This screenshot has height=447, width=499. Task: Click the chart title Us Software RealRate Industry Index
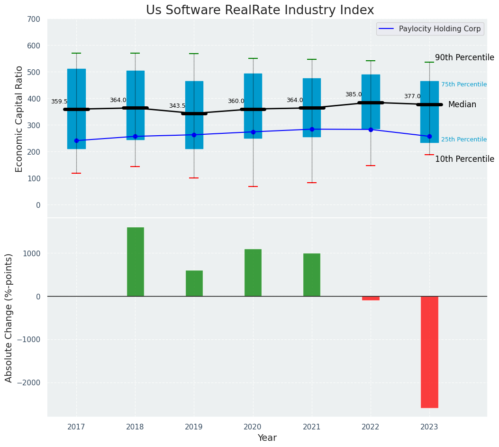(x=260, y=10)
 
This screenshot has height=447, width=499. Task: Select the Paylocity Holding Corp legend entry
(x=439, y=29)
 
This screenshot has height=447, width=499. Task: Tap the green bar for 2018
(x=135, y=261)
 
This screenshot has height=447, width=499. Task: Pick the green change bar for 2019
(x=194, y=283)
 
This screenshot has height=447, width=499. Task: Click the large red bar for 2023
(x=429, y=352)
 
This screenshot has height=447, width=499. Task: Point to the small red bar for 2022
(x=371, y=298)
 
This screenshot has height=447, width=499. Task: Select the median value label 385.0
(x=354, y=94)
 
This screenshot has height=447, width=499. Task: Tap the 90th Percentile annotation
(x=464, y=57)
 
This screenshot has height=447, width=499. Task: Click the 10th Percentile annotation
(x=464, y=159)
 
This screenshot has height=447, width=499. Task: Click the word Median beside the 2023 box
(x=462, y=104)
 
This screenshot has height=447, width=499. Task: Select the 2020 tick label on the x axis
(x=253, y=427)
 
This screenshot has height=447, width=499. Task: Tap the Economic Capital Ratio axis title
(x=19, y=118)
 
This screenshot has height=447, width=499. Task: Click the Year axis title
(x=267, y=438)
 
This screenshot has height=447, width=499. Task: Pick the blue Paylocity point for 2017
(x=76, y=140)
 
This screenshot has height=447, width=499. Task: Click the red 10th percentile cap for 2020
(x=253, y=186)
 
